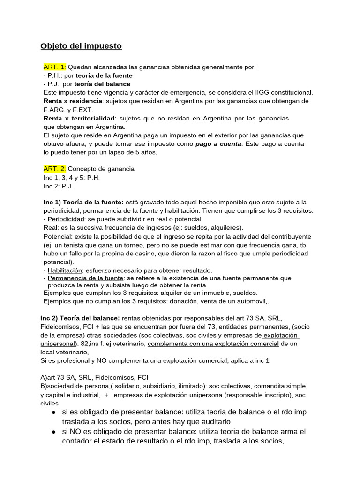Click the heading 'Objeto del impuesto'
tap(81, 46)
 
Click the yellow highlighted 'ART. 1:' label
tap(55, 67)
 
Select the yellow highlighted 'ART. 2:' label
tap(55, 169)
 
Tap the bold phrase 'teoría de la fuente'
tap(104, 75)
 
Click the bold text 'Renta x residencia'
tap(72, 101)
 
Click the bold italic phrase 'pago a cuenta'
tap(218, 143)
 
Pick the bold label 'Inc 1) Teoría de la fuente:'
tap(83, 202)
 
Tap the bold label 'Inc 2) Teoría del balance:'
tap(80, 318)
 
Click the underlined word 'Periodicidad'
tap(66, 219)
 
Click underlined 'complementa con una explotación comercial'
tap(213, 344)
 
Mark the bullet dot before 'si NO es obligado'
tap(54, 432)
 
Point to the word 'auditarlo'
tap(211, 422)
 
